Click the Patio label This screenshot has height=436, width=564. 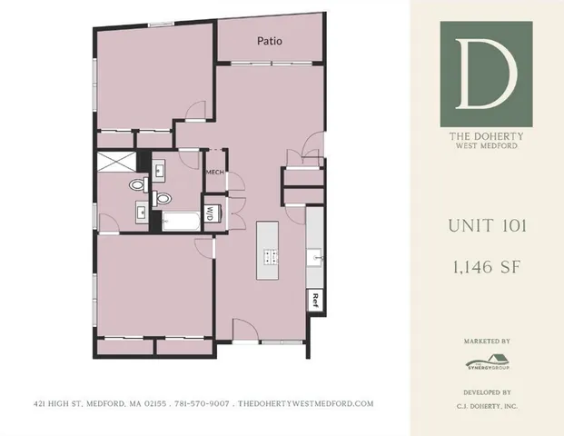point(269,41)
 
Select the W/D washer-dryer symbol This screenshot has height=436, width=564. point(210,214)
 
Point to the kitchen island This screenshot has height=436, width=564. point(269,252)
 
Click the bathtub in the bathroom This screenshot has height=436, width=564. point(181,220)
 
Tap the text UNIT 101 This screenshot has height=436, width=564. point(486,226)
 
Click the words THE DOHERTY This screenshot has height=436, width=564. point(486,138)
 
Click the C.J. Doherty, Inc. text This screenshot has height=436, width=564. point(486,407)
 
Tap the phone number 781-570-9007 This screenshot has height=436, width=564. point(204,403)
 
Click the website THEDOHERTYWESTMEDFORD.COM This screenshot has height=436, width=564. point(305,403)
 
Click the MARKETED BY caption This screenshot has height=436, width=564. point(486,342)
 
